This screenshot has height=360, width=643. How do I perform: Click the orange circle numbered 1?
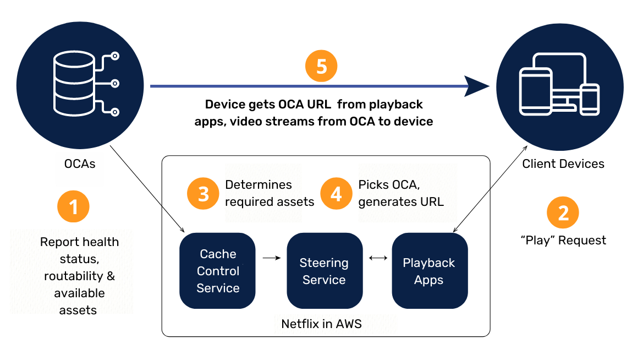[x=73, y=208]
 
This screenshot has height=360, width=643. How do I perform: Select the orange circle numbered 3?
[x=204, y=194]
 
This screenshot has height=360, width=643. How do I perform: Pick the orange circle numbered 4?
[x=337, y=194]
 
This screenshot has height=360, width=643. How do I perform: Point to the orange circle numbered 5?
[x=321, y=67]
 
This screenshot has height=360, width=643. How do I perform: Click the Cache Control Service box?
[x=218, y=271]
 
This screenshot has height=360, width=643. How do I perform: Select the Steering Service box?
[x=324, y=271]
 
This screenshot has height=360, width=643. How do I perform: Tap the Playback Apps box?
[x=429, y=271]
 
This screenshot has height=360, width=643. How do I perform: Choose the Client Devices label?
[x=563, y=163]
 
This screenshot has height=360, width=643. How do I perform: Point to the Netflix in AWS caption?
[x=321, y=324]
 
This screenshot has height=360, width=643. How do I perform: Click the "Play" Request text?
[x=563, y=240]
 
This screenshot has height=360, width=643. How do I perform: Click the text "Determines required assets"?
[x=270, y=193]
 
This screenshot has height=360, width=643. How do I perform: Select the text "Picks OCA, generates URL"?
[x=400, y=193]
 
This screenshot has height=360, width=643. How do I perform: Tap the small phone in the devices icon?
[x=590, y=100]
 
